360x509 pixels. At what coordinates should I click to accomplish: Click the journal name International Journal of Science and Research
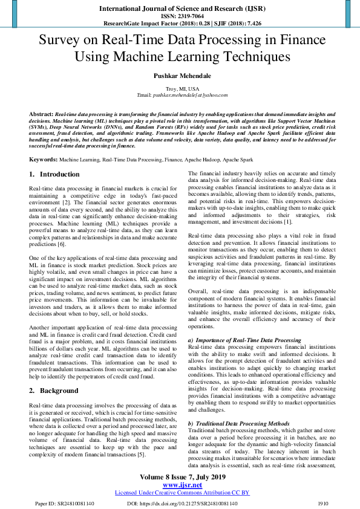pos(180,8)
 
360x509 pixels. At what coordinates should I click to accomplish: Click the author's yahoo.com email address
pos(191,96)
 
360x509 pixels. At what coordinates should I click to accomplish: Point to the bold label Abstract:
pos(42,114)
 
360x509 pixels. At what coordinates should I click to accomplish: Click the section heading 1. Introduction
pos(54,174)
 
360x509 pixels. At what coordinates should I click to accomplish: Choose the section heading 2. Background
pos(54,391)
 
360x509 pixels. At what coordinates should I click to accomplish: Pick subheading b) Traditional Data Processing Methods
pos(238,423)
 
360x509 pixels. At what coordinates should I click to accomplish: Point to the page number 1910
pos(322,502)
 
